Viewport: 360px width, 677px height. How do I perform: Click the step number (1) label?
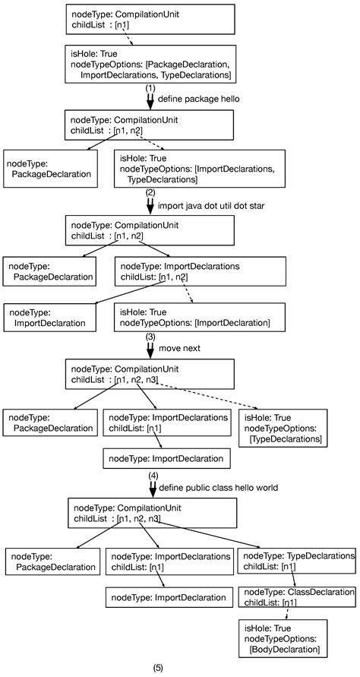pos(150,88)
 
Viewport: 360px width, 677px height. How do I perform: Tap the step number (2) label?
pos(150,193)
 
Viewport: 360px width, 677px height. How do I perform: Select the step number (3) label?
pos(150,336)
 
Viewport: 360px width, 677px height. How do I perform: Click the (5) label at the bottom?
pos(158,668)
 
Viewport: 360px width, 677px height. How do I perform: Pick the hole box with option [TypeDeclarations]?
pos(283,429)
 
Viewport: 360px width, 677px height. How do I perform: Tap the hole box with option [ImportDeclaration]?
pos(202,317)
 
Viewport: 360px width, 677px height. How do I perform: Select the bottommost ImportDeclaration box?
pos(166,597)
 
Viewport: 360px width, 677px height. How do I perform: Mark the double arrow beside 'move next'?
pos(150,349)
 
